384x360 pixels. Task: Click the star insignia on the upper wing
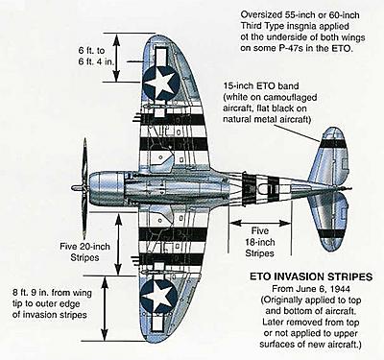160,84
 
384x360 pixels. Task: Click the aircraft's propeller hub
76,187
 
